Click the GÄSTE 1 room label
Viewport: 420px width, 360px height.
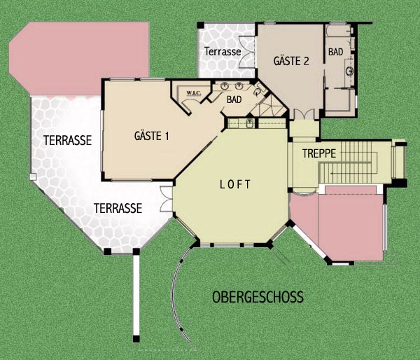[152, 136]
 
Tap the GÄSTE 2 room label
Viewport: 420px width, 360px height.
[291, 61]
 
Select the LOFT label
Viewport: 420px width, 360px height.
[235, 184]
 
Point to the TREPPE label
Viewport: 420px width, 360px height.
[319, 153]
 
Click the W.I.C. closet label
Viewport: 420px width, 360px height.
[194, 93]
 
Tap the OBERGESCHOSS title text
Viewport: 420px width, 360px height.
[258, 297]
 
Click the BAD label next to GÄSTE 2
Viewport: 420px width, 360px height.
[335, 52]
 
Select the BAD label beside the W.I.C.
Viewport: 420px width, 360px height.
[234, 99]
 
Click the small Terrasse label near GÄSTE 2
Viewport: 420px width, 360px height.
[223, 51]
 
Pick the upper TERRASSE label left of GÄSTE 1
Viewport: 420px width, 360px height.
[67, 140]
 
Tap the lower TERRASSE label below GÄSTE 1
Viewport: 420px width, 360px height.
[118, 208]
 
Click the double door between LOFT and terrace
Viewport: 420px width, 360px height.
[166, 199]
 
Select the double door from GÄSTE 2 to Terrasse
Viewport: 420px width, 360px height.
[247, 51]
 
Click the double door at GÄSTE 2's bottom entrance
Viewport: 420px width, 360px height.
[304, 114]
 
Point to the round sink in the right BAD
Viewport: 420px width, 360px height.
[349, 71]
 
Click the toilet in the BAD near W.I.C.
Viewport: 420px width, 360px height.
[258, 92]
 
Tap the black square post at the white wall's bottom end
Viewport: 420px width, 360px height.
[136, 339]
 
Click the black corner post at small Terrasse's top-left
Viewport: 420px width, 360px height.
[201, 25]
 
